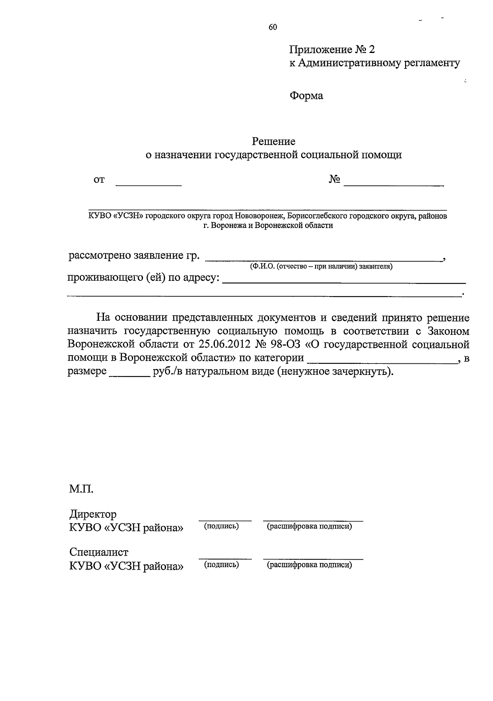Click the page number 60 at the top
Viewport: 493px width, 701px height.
tap(273, 28)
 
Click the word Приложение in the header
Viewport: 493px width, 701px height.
tap(320, 50)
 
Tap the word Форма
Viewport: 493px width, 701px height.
tap(306, 96)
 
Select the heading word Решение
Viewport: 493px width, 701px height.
tap(274, 142)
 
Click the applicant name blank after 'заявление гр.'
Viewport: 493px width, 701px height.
tap(323, 257)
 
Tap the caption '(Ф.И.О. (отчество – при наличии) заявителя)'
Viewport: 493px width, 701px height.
tap(321, 267)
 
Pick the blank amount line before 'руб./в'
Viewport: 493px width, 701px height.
tap(129, 373)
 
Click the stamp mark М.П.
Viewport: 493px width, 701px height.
tap(81, 489)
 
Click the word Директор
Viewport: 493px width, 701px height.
tap(93, 514)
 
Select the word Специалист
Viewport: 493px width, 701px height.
tap(99, 552)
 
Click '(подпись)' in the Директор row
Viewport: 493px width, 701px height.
tap(221, 526)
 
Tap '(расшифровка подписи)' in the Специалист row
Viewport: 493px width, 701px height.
tap(309, 565)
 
